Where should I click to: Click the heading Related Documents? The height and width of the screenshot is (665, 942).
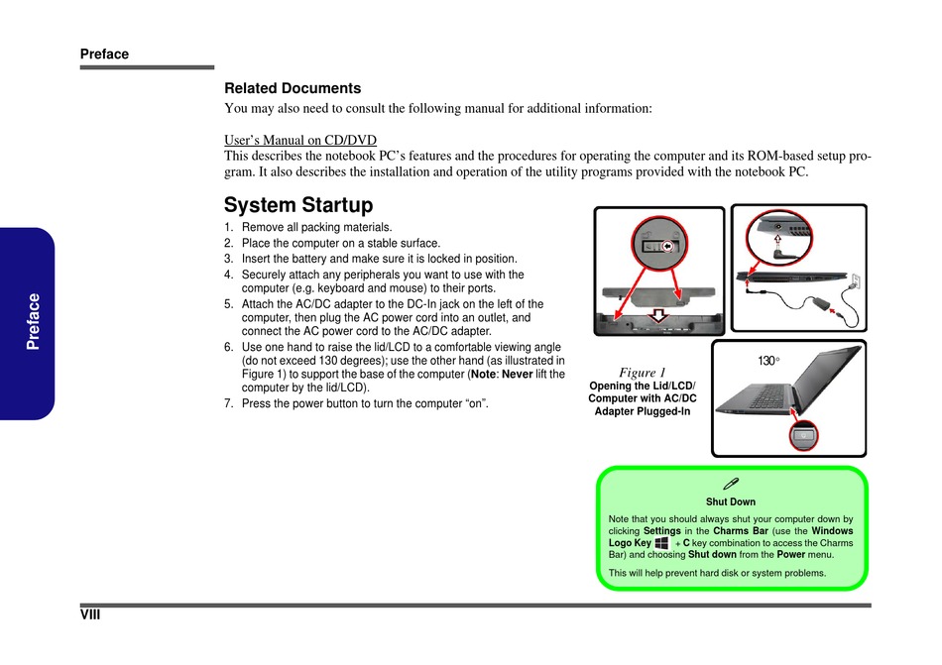click(293, 88)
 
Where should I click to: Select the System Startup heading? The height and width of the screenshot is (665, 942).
click(298, 205)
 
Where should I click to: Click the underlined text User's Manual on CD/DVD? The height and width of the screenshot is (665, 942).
click(300, 140)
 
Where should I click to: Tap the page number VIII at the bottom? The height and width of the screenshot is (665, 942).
click(91, 616)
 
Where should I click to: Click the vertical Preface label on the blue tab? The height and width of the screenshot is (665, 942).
click(34, 321)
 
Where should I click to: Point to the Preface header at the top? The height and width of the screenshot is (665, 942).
click(105, 55)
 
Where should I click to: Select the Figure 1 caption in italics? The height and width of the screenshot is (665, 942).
click(643, 373)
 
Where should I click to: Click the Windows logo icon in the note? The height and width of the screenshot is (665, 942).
click(662, 543)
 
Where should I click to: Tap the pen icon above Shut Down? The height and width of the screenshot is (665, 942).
click(731, 483)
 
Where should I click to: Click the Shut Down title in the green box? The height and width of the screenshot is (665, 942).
click(731, 501)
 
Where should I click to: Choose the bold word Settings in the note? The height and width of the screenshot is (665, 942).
click(661, 531)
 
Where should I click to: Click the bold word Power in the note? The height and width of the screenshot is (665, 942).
click(790, 555)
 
